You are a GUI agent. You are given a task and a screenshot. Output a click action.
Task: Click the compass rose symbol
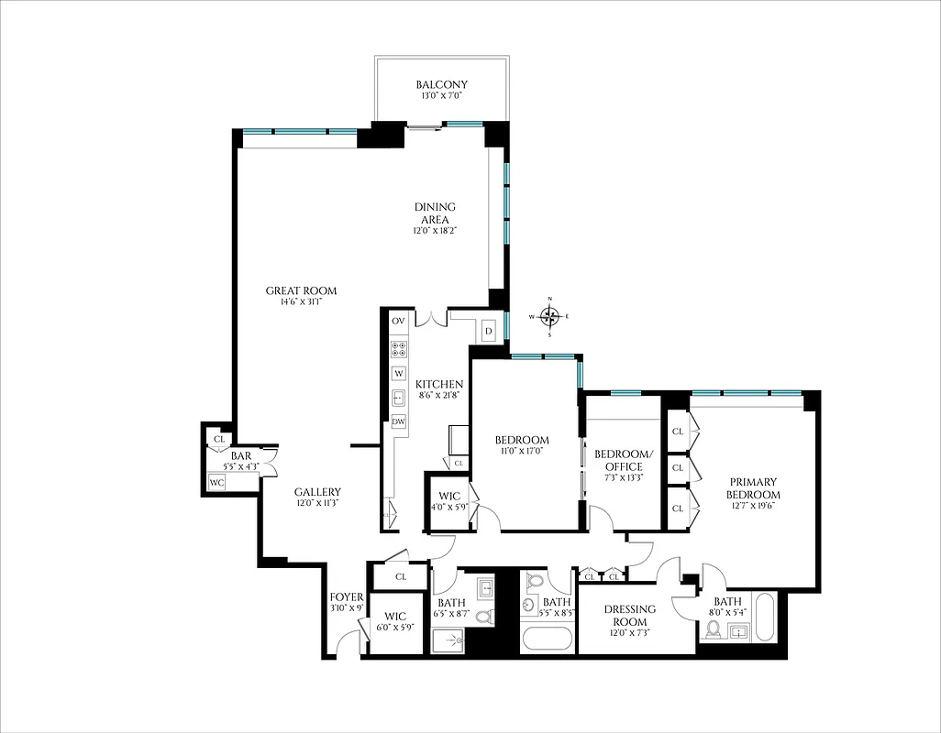click(x=549, y=317)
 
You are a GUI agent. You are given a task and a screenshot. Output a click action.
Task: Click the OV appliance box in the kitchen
click(x=398, y=322)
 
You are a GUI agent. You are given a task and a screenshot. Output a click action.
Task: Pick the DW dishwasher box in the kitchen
click(x=398, y=421)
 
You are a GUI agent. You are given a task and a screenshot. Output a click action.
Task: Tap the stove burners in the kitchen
click(x=399, y=348)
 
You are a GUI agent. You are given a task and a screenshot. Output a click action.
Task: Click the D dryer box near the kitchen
click(x=489, y=331)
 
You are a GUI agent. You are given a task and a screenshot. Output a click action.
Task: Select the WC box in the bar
click(x=216, y=482)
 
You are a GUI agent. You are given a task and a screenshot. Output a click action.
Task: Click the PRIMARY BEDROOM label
click(x=753, y=488)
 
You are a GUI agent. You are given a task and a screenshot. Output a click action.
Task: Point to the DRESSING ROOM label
click(x=629, y=616)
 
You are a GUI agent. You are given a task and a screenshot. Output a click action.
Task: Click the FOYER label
click(x=347, y=597)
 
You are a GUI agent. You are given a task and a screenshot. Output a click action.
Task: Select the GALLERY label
click(x=317, y=492)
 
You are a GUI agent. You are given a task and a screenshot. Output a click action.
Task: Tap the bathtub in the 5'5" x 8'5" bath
click(x=547, y=639)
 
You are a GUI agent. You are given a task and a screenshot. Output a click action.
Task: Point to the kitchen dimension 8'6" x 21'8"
click(x=439, y=395)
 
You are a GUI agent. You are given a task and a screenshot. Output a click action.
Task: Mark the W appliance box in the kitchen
click(x=398, y=373)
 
